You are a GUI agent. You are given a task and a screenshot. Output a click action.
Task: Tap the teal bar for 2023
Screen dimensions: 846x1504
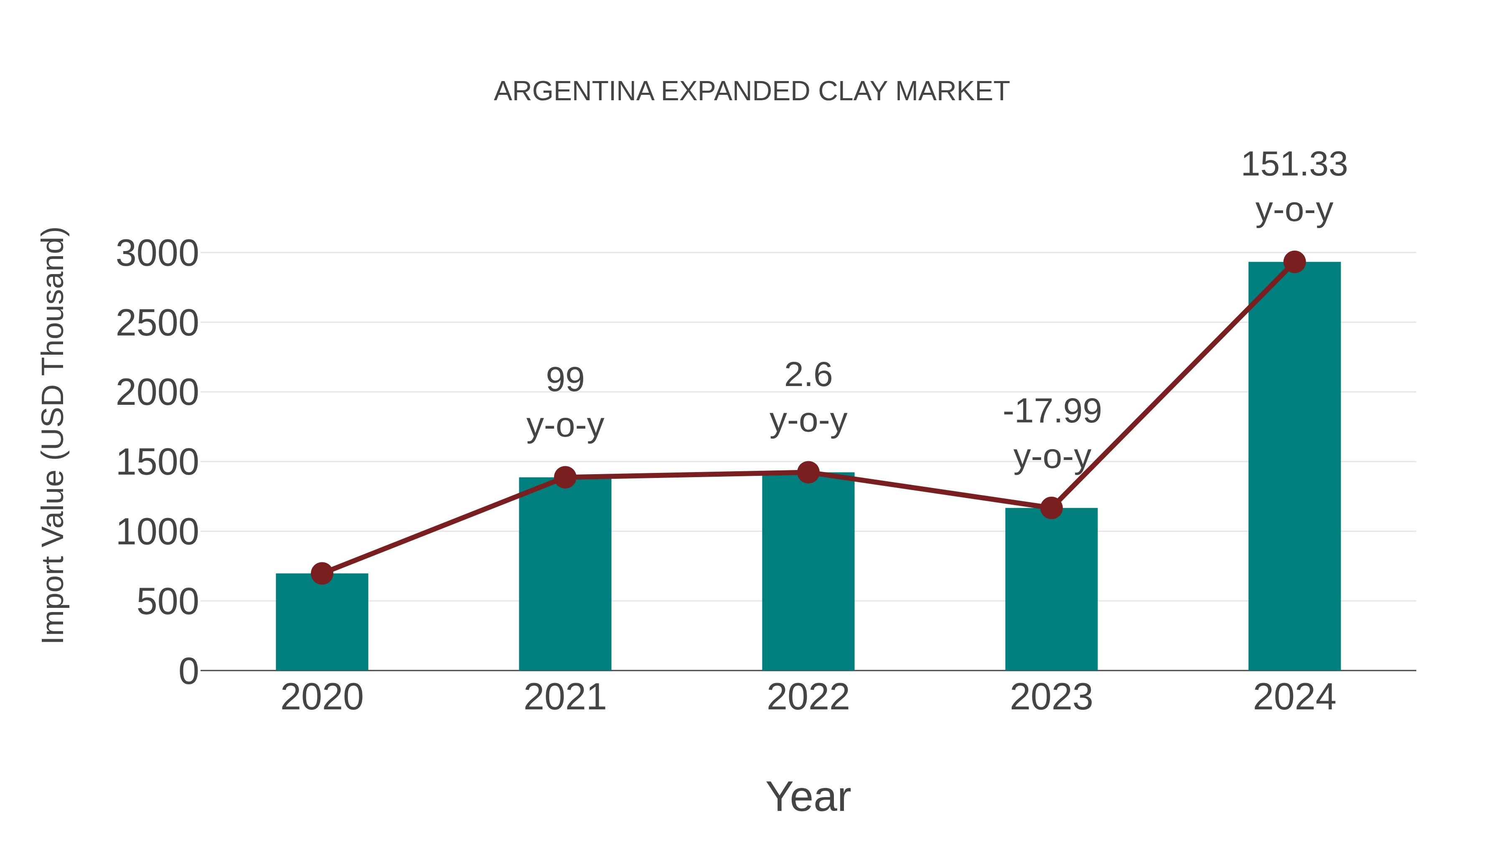[x=1051, y=589]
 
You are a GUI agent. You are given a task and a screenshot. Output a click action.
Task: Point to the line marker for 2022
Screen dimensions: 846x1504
[x=808, y=473]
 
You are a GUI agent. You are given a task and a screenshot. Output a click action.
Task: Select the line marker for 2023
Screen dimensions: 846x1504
[x=1051, y=508]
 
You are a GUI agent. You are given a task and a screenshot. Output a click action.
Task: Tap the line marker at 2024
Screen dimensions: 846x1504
[x=1294, y=262]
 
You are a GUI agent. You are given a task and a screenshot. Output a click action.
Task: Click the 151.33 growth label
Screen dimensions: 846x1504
[x=1294, y=164]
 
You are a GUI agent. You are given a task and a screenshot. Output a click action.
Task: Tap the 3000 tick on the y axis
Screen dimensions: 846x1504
[x=157, y=254]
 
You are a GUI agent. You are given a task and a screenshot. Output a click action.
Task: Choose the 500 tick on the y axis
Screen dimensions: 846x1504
[x=168, y=602]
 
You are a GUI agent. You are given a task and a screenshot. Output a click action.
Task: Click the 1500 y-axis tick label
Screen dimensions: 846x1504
[x=157, y=463]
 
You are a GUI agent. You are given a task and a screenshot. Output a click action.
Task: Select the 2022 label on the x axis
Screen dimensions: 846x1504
[x=808, y=697]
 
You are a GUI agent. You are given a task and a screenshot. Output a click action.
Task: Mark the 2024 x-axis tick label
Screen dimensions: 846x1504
[x=1294, y=697]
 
